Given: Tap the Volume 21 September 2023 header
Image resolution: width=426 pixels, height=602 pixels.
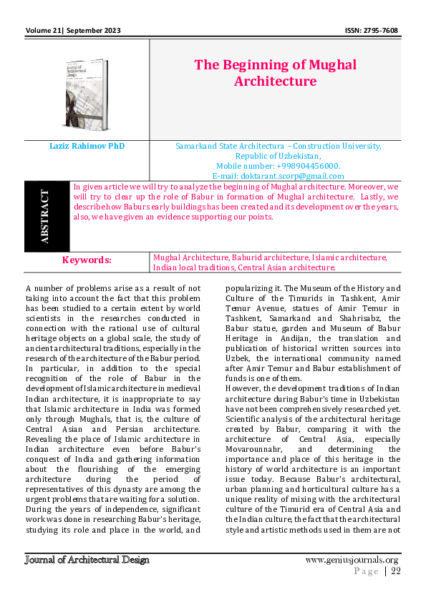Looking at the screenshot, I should (72, 31).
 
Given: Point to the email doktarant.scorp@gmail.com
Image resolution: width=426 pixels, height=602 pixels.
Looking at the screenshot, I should (278, 176).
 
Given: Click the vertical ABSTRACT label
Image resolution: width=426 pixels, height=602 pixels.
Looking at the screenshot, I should (47, 217).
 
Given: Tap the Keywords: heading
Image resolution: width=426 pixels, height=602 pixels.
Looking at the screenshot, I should (87, 260).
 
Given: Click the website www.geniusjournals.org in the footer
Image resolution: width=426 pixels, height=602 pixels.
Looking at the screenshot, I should (352, 559).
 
